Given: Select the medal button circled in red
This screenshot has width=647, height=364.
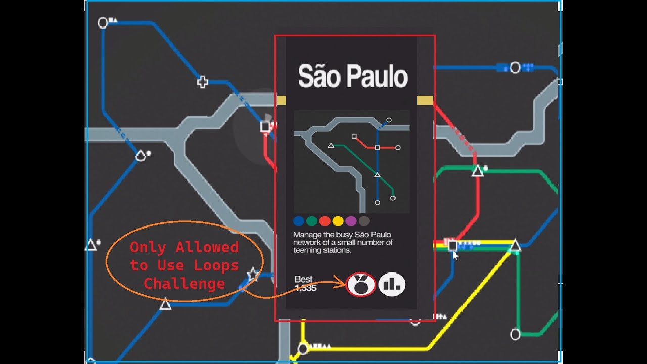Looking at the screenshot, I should click(361, 285).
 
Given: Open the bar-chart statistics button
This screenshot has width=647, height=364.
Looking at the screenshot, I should click(392, 285).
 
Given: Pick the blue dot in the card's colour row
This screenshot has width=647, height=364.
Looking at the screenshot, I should click(299, 221).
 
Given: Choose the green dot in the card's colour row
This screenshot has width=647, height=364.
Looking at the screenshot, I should click(312, 221).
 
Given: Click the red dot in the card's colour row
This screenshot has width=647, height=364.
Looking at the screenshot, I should click(325, 221).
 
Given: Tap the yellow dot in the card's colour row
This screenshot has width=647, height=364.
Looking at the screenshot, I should click(338, 221).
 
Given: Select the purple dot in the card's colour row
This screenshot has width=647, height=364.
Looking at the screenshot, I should click(351, 221).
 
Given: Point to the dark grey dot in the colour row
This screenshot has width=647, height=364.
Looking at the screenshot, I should click(364, 221).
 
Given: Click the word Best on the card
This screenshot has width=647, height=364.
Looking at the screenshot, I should click(303, 279).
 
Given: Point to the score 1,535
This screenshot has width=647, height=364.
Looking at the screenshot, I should click(305, 288).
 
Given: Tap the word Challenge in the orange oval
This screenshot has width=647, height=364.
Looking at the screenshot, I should click(184, 284).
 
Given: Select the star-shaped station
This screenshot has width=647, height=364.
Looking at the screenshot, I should click(252, 275).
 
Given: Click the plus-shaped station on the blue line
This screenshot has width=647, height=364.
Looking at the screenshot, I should click(203, 82).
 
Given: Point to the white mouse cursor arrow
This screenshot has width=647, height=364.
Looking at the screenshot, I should click(455, 256).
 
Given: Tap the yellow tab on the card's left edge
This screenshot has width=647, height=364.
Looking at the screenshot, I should click(281, 100).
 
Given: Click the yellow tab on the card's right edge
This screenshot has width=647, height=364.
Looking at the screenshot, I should click(425, 100).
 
